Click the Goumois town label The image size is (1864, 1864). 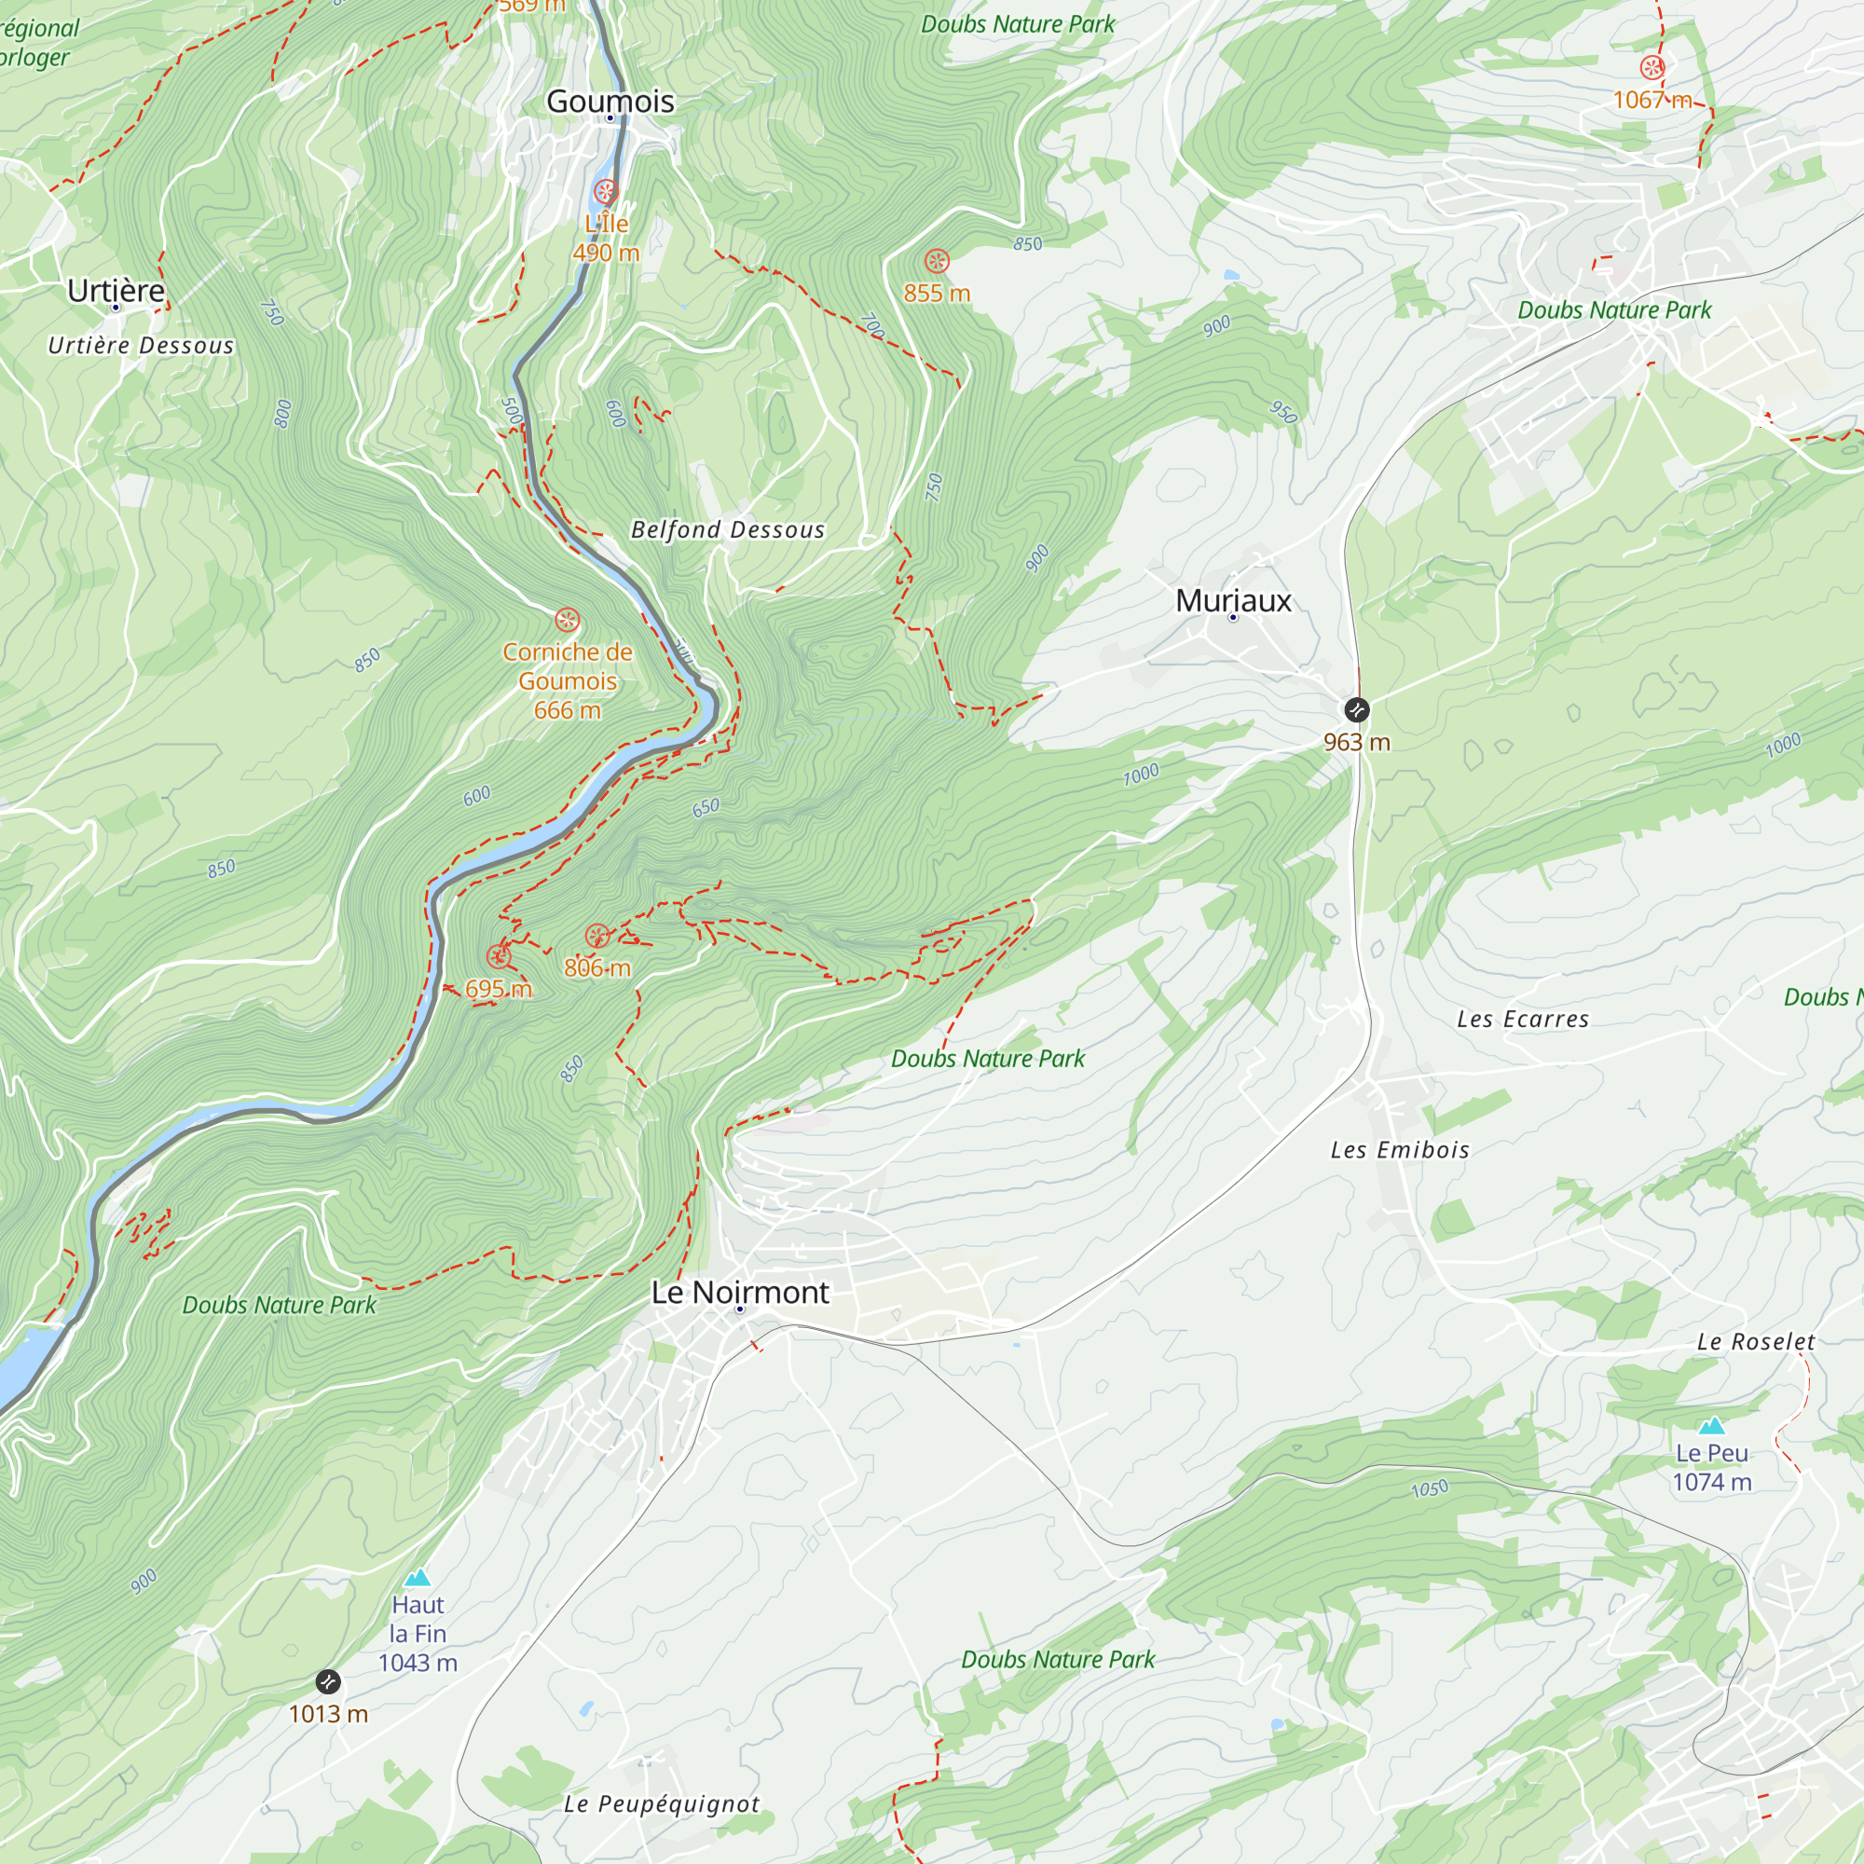(x=610, y=101)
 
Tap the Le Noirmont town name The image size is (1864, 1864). (x=740, y=1292)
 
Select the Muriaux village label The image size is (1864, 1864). (x=1232, y=600)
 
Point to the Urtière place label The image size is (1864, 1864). (x=116, y=290)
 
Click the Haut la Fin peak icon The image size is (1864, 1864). (x=417, y=1579)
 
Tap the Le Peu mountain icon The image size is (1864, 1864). (x=1710, y=1425)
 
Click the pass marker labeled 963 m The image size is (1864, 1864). (x=1356, y=710)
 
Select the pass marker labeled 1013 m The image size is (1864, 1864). (x=328, y=1682)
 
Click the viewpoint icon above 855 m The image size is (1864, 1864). (x=937, y=261)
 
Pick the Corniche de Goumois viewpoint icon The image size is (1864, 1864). (x=568, y=620)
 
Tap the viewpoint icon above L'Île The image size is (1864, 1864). (x=606, y=191)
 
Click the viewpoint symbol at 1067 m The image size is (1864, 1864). (x=1652, y=67)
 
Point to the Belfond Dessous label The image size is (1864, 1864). (x=728, y=529)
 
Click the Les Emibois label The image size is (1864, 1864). (x=1399, y=1150)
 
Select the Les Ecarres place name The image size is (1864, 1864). (x=1523, y=1020)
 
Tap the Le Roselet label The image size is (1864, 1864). (x=1755, y=1342)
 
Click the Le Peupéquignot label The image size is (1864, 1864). (x=661, y=1804)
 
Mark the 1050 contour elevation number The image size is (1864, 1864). (x=1429, y=1488)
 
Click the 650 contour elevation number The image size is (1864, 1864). (x=706, y=807)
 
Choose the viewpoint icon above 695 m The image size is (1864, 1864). (x=499, y=956)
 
